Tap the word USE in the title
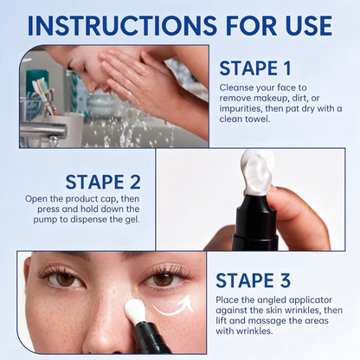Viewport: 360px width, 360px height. point(309,25)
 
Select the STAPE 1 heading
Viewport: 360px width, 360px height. point(255,68)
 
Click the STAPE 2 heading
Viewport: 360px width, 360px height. point(103,182)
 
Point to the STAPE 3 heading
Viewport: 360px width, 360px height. point(253,280)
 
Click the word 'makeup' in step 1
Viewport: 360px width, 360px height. point(270,98)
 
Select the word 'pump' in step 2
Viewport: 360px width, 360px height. point(45,220)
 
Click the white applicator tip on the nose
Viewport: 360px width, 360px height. point(134,311)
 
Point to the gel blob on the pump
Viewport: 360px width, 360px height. point(257,172)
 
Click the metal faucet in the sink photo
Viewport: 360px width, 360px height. point(43,131)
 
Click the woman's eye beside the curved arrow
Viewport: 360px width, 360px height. point(164,280)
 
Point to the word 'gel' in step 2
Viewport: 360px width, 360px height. point(133,220)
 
